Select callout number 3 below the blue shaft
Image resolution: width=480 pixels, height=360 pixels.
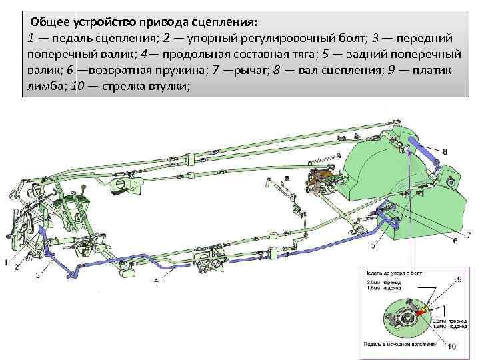click(38, 274)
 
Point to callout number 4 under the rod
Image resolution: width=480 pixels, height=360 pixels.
click(156, 281)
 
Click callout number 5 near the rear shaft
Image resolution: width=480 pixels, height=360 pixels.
click(373, 245)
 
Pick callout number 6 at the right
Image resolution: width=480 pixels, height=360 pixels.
click(455, 240)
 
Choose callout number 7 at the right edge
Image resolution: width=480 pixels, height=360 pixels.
click(469, 235)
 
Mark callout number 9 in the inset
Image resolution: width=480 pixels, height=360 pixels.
click(459, 279)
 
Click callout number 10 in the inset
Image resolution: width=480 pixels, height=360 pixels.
click(451, 346)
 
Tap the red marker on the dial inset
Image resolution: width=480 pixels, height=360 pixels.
click(421, 310)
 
